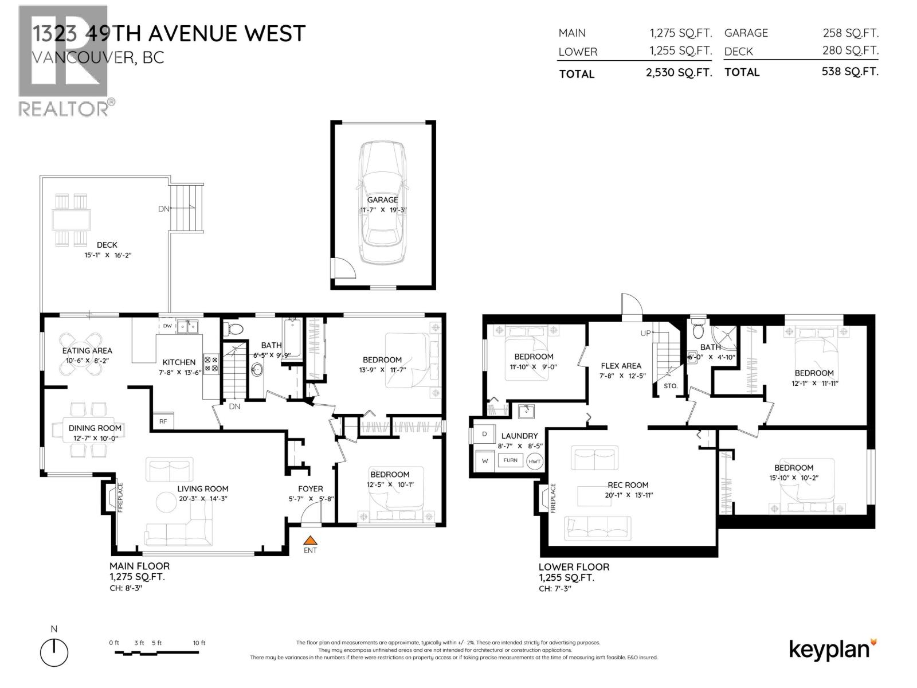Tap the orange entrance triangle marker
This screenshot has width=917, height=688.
[x=310, y=540]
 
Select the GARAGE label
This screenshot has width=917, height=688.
[x=382, y=200]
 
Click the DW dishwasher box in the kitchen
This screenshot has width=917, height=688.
[x=167, y=326]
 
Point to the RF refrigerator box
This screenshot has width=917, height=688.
[x=163, y=421]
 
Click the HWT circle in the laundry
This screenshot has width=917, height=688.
[x=534, y=461]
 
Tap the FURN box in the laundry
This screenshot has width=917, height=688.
[x=510, y=460]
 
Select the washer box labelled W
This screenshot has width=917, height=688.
[x=485, y=460]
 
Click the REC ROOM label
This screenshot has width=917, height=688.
[x=628, y=484]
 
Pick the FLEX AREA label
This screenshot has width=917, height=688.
[x=621, y=365]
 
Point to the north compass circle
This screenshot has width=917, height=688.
[x=54, y=652]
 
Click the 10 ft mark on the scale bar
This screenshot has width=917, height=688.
[x=199, y=643]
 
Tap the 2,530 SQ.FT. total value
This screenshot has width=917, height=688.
[x=679, y=73]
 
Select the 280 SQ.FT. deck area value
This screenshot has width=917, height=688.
[x=850, y=50]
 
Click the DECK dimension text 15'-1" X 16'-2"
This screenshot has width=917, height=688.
[x=108, y=255]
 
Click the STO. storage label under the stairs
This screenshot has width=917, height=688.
[x=671, y=386]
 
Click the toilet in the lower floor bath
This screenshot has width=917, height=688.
[x=697, y=329]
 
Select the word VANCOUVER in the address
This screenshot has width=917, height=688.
[x=81, y=57]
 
